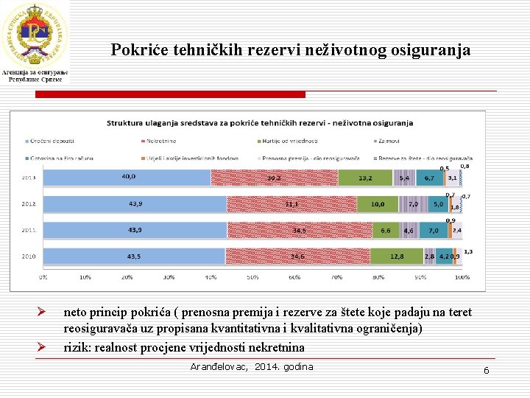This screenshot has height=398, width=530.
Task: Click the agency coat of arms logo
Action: pos(35,32)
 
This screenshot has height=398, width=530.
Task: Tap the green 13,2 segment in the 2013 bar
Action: pos(366,178)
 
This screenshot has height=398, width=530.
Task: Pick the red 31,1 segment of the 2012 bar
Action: pos(291,204)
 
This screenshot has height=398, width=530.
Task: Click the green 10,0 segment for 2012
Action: pos(378,204)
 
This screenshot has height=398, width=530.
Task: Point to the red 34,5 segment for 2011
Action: pos(298,231)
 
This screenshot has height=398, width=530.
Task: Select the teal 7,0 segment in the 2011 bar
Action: pos(434,231)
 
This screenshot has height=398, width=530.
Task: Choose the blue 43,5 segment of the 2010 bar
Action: pos(134,256)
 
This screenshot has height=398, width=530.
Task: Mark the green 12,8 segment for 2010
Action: pos(396,256)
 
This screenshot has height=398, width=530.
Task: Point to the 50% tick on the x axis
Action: pos(253,277)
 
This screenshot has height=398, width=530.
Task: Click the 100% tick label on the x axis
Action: pos(462,277)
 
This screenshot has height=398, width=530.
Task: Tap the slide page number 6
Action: pos(486,370)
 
